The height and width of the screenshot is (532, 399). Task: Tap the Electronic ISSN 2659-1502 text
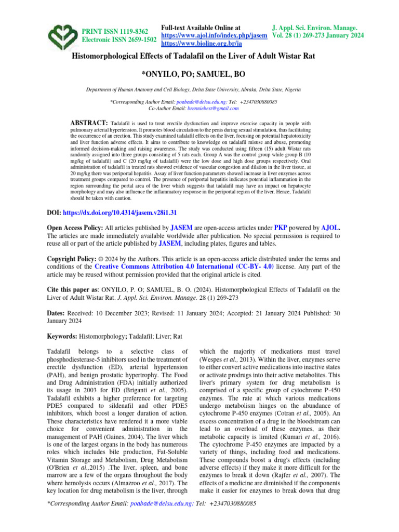[x=119, y=39]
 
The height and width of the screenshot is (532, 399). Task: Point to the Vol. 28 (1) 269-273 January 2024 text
[x=318, y=35]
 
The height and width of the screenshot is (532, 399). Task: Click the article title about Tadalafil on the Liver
[x=199, y=56]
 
